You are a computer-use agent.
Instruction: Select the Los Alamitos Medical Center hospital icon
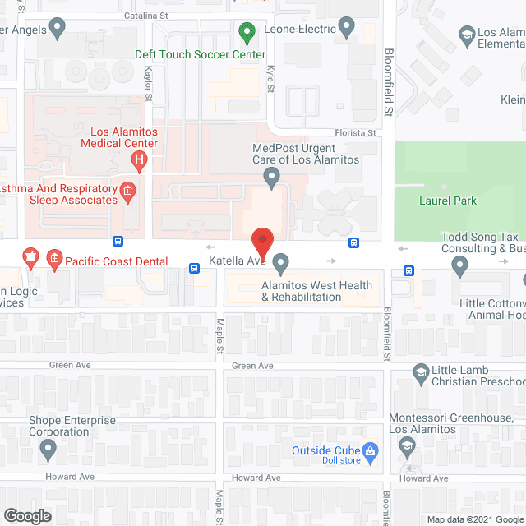coord(140,159)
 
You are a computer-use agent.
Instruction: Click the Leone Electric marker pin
coord(347,29)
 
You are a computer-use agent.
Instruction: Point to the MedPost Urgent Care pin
coord(272,176)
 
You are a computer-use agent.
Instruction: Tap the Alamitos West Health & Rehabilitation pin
coord(281,265)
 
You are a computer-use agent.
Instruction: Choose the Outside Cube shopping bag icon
coord(370,450)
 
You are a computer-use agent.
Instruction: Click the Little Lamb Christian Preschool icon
coord(421,374)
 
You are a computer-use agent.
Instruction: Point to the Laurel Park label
coord(448,201)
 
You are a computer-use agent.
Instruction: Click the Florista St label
coord(354,132)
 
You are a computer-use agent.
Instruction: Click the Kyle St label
coord(270,83)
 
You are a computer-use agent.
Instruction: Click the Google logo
coord(27,515)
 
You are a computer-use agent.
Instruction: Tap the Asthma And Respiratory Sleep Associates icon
coord(127,192)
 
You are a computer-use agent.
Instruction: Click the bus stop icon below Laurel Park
coord(408,271)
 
